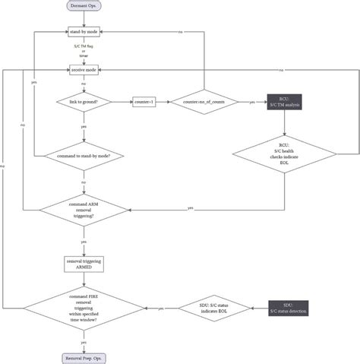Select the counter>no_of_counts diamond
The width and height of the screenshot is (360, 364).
click(203, 102)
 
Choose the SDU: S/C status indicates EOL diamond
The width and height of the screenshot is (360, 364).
click(204, 309)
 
